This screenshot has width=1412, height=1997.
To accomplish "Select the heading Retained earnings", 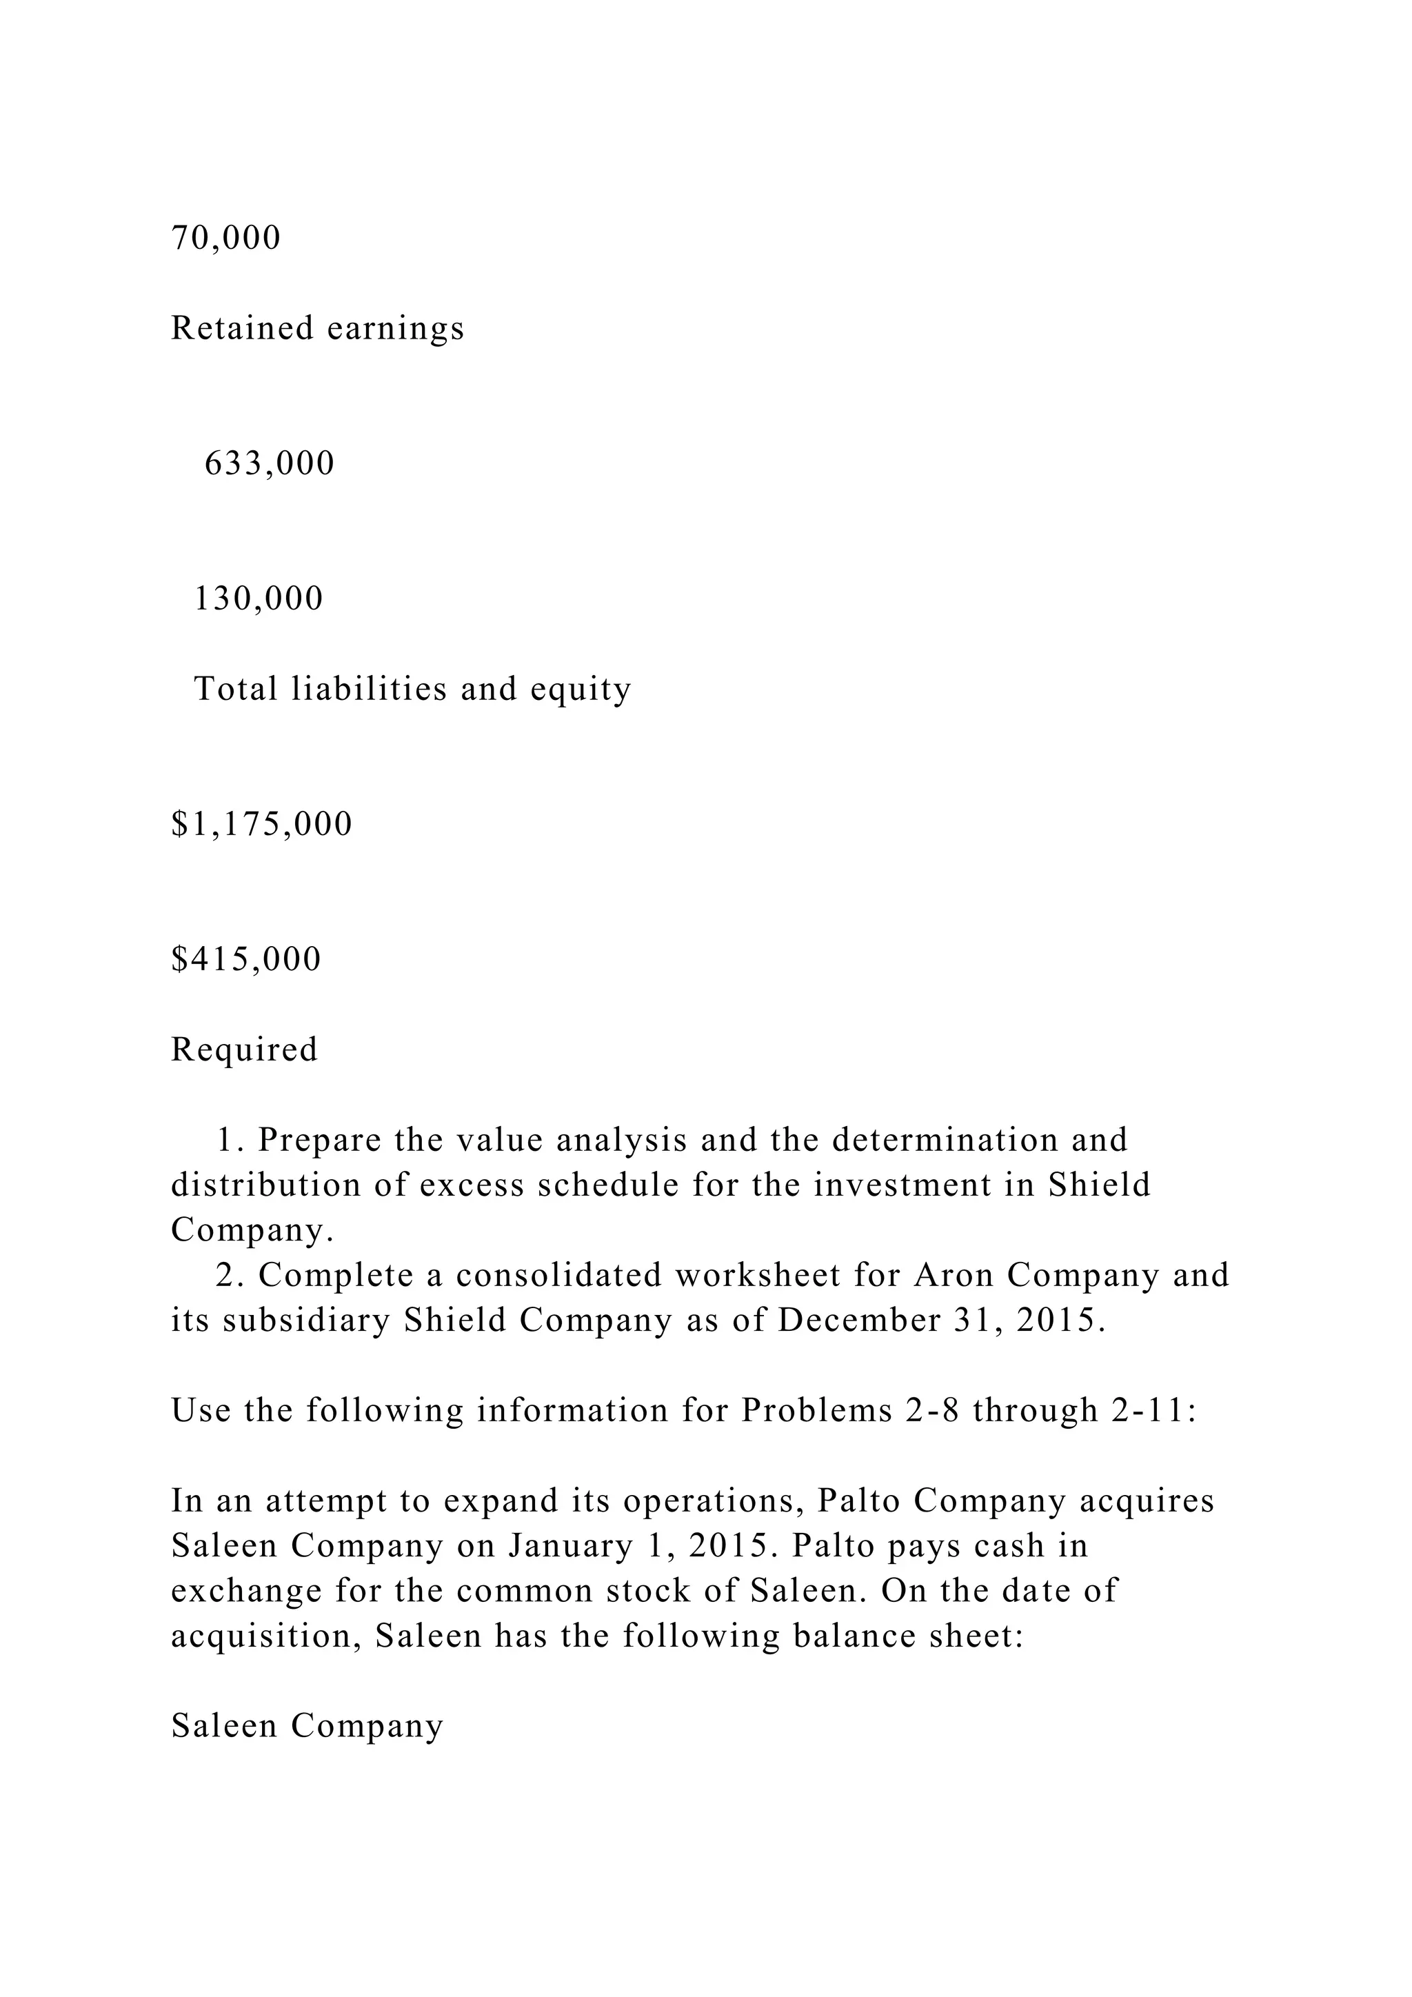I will tap(317, 329).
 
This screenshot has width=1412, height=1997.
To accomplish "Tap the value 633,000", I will tap(270, 463).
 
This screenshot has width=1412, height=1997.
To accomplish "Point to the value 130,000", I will tap(259, 599).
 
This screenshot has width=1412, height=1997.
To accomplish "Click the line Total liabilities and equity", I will tap(412, 689).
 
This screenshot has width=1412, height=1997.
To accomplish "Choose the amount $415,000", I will tap(246, 959).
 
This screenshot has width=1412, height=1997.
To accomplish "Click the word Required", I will tap(244, 1050).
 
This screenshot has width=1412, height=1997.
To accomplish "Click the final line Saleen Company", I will tap(307, 1727).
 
